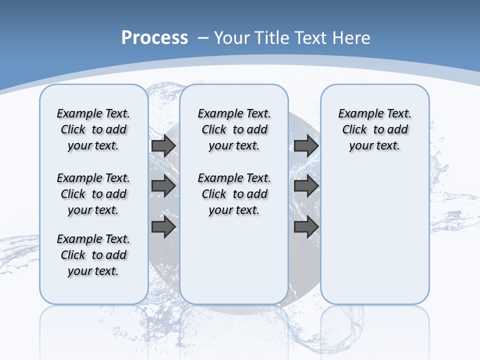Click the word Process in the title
pos(154,38)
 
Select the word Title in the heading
pos(272,38)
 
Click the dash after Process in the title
pos(202,38)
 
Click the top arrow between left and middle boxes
pos(163,146)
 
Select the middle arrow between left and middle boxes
pos(163,186)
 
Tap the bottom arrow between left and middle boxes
pos(163,227)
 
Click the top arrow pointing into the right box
pos(306,146)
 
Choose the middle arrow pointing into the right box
pos(306,186)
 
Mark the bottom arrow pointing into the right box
pos(306,227)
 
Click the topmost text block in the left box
pos(93,129)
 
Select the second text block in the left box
pos(93,194)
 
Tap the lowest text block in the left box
pos(93,255)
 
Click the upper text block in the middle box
pos(234,129)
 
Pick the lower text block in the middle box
pos(234,194)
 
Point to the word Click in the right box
pos(354,130)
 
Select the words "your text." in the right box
pos(374,146)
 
